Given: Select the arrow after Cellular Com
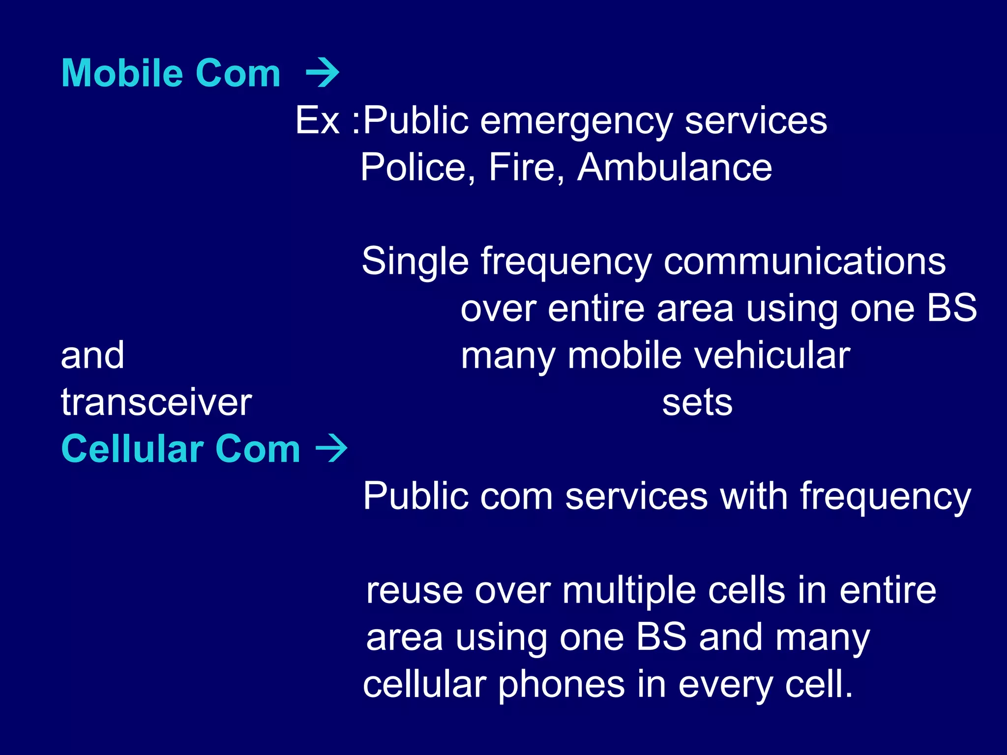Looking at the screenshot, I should pyautogui.click(x=331, y=448).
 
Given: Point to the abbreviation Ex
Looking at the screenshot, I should pyautogui.click(x=318, y=120).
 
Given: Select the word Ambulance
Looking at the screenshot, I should pyautogui.click(x=675, y=168).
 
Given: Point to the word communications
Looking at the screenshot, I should pyautogui.click(x=805, y=261).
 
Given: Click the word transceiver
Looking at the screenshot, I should pyautogui.click(x=156, y=402).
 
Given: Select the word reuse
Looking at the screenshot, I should pyautogui.click(x=415, y=590).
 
